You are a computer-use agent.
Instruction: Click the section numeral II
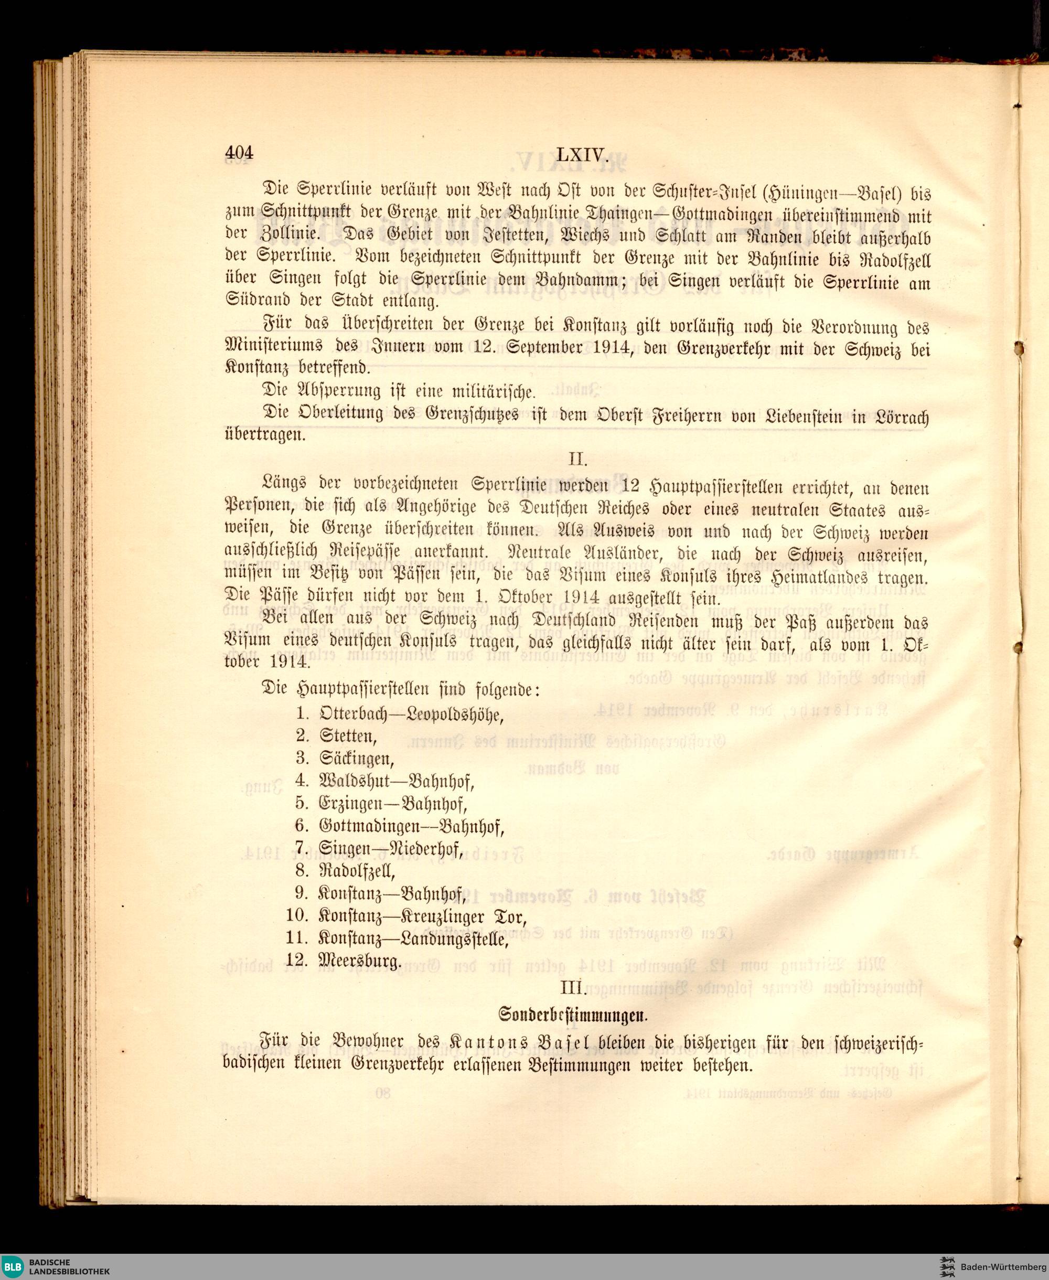[577, 460]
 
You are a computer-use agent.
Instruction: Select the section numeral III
[573, 988]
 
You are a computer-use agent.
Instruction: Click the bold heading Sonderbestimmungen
[573, 1015]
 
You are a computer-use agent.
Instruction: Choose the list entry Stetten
[348, 736]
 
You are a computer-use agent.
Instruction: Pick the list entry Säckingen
[357, 759]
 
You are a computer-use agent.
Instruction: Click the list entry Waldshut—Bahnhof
[397, 782]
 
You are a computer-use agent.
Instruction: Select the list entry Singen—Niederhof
[391, 850]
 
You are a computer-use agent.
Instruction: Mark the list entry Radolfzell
[357, 871]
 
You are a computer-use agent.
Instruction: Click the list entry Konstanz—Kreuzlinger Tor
[422, 918]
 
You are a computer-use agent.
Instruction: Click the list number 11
[298, 939]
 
